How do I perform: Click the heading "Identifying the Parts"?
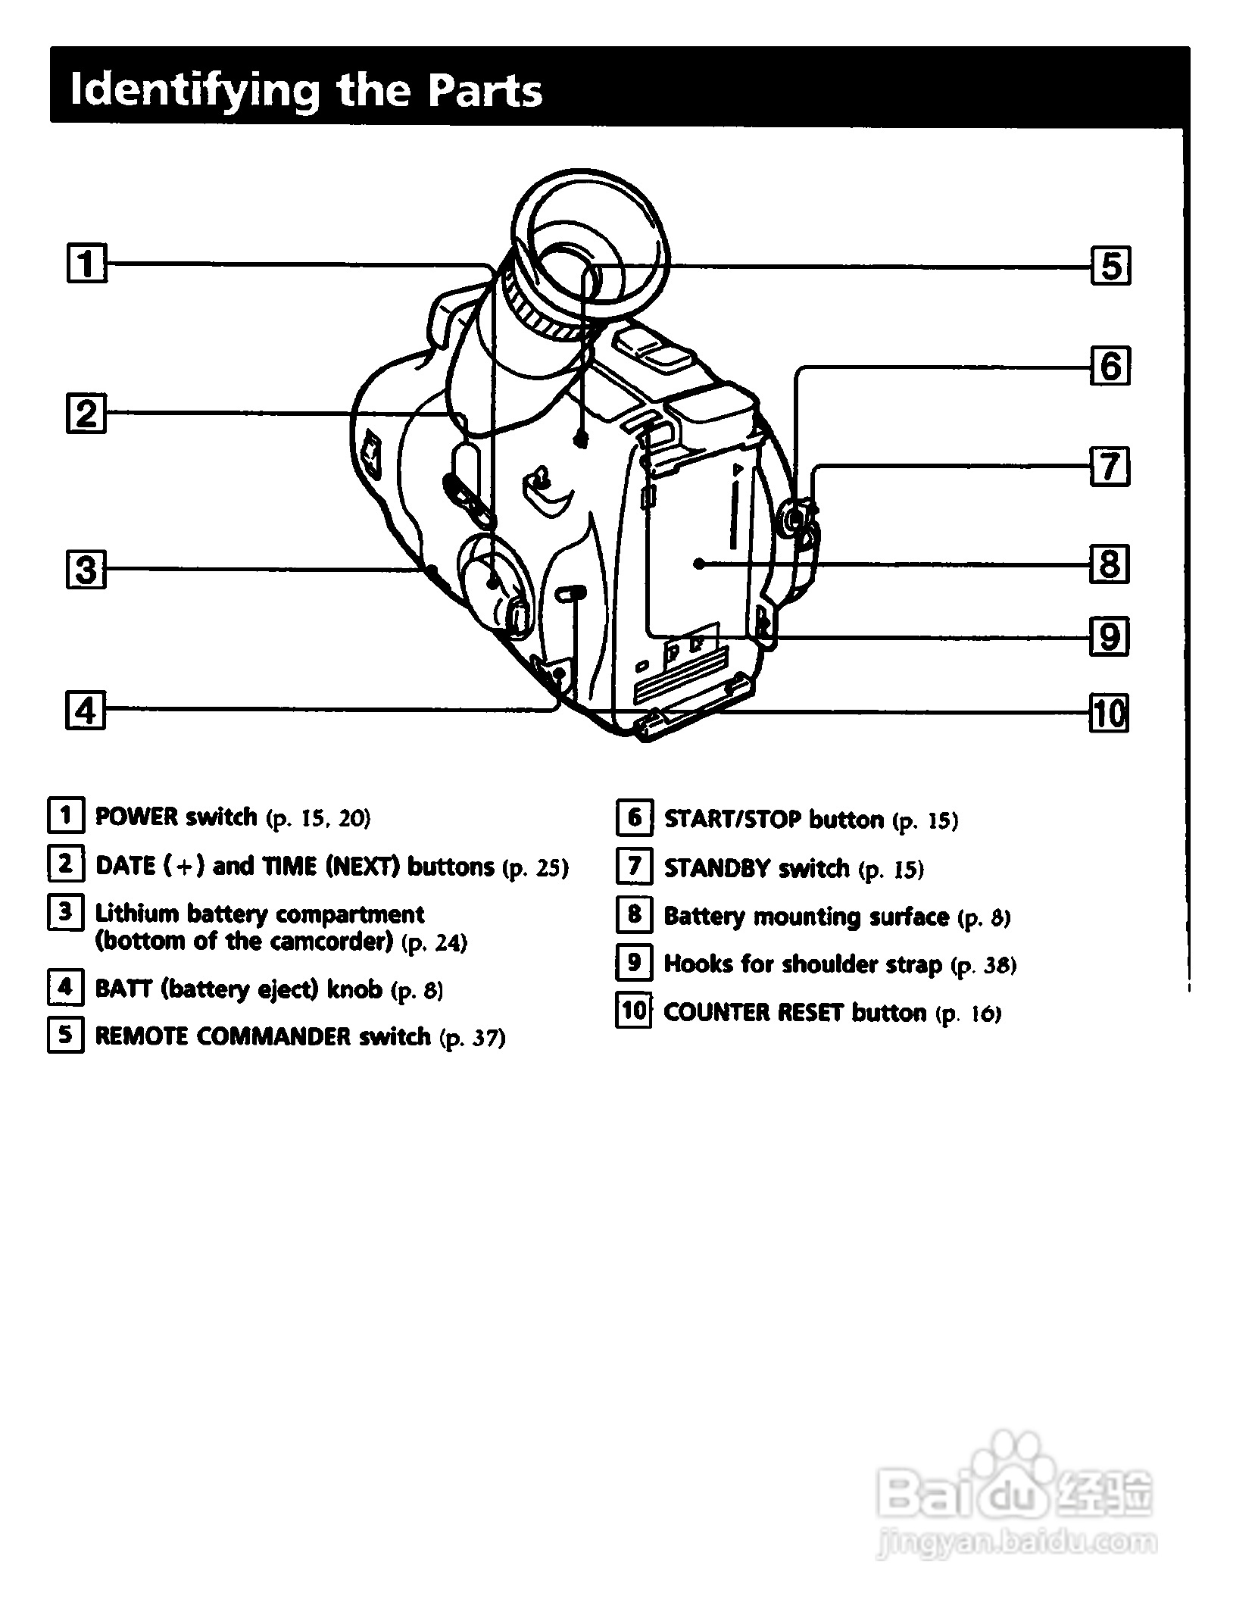click(x=305, y=90)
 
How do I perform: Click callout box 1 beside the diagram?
click(x=86, y=264)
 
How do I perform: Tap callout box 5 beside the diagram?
click(x=1110, y=266)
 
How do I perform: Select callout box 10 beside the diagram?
click(x=1108, y=713)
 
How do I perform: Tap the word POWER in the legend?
click(x=136, y=817)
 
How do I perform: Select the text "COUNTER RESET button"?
click(x=794, y=1013)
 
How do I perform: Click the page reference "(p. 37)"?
click(x=472, y=1037)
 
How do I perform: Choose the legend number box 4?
click(x=66, y=987)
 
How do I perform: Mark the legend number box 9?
click(x=635, y=963)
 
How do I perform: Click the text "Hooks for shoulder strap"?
click(x=803, y=964)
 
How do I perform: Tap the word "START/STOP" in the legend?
click(x=732, y=820)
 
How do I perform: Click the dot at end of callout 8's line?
click(x=699, y=564)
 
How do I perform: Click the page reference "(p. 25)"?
click(x=535, y=867)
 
